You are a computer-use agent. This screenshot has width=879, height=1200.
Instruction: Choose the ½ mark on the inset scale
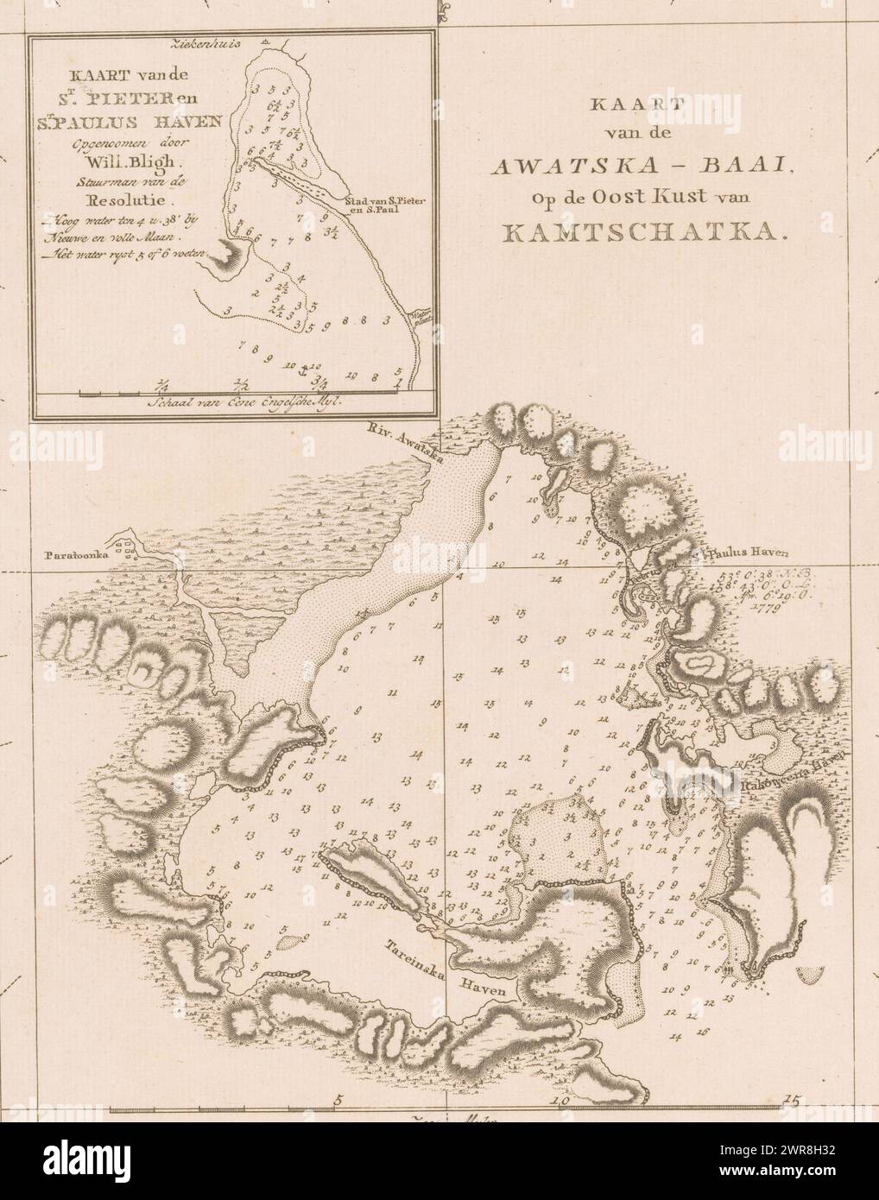[x=241, y=385]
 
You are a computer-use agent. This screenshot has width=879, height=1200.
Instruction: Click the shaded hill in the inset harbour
[x=228, y=253]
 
